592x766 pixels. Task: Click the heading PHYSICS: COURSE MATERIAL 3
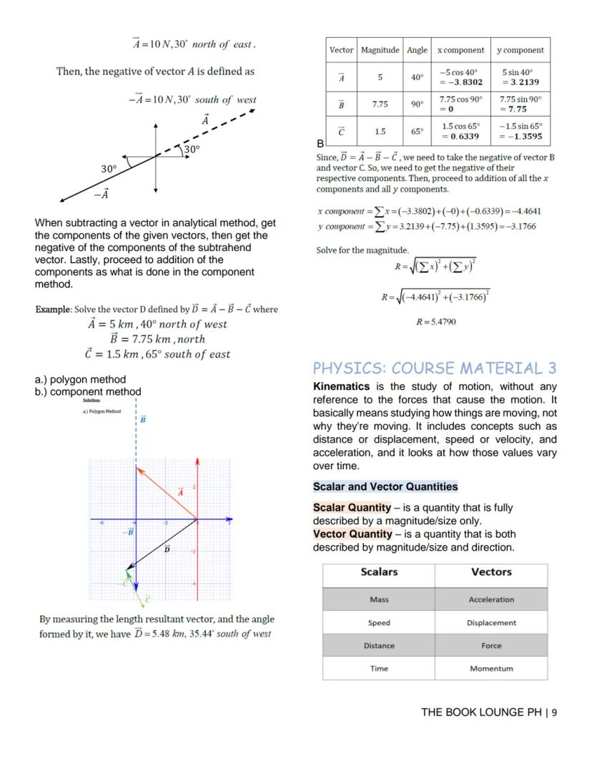[x=434, y=368]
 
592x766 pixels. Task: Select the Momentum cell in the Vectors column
[x=491, y=669]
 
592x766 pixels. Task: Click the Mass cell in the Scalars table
[x=379, y=599]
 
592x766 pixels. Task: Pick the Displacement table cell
[x=491, y=622]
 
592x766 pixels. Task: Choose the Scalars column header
[x=379, y=572]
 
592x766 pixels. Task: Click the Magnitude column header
[x=380, y=50]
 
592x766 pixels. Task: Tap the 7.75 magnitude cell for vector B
[x=380, y=104]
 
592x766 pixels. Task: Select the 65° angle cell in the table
[x=417, y=132]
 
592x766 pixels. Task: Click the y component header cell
[x=521, y=50]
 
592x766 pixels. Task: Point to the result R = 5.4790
[x=435, y=322]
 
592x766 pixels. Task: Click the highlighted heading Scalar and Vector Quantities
[x=385, y=486]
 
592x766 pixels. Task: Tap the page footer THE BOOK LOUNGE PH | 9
[x=489, y=712]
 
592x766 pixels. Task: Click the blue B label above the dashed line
[x=143, y=419]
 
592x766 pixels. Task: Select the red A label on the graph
[x=180, y=492]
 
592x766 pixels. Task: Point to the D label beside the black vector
[x=167, y=549]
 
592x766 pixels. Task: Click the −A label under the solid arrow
[x=102, y=194]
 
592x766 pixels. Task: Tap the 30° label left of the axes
[x=109, y=169]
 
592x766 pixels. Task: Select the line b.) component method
[x=88, y=392]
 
